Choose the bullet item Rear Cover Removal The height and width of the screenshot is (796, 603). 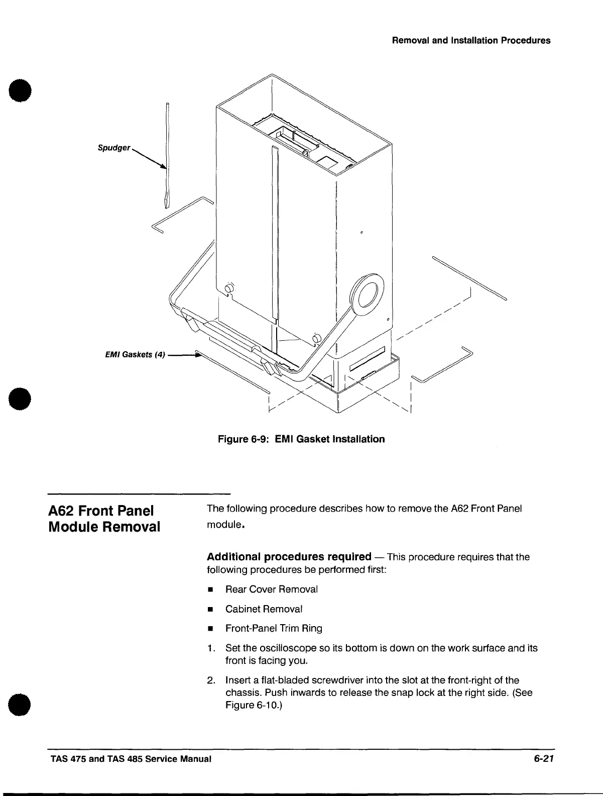pyautogui.click(x=271, y=589)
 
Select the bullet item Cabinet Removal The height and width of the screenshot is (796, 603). pyautogui.click(x=264, y=609)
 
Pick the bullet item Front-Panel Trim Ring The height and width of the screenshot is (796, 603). pyautogui.click(x=274, y=629)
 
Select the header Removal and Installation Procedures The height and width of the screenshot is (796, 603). pyautogui.click(x=470, y=41)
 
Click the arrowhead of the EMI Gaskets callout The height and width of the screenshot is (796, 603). pyautogui.click(x=197, y=355)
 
